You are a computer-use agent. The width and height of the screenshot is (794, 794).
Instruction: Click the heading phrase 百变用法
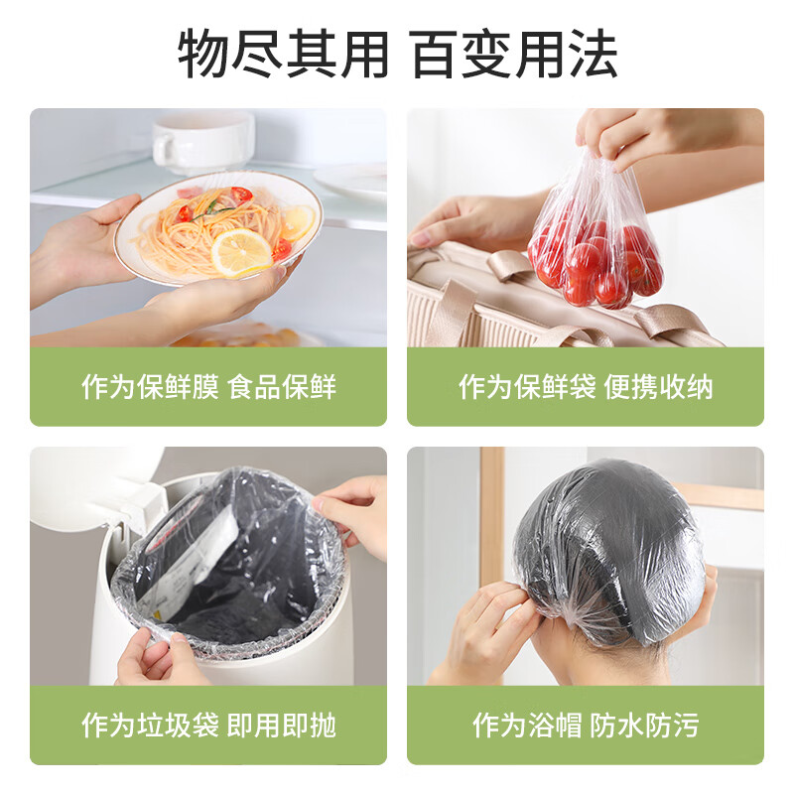514,55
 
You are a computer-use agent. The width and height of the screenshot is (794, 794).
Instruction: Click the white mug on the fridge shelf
202,141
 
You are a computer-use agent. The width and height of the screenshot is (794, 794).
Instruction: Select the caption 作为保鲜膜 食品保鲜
208,386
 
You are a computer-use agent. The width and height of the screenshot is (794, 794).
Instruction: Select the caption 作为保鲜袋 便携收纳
586,386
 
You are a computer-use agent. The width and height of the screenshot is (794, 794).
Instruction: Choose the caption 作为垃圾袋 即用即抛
208,725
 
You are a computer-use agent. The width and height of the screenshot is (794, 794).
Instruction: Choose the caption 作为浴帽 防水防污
586,725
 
